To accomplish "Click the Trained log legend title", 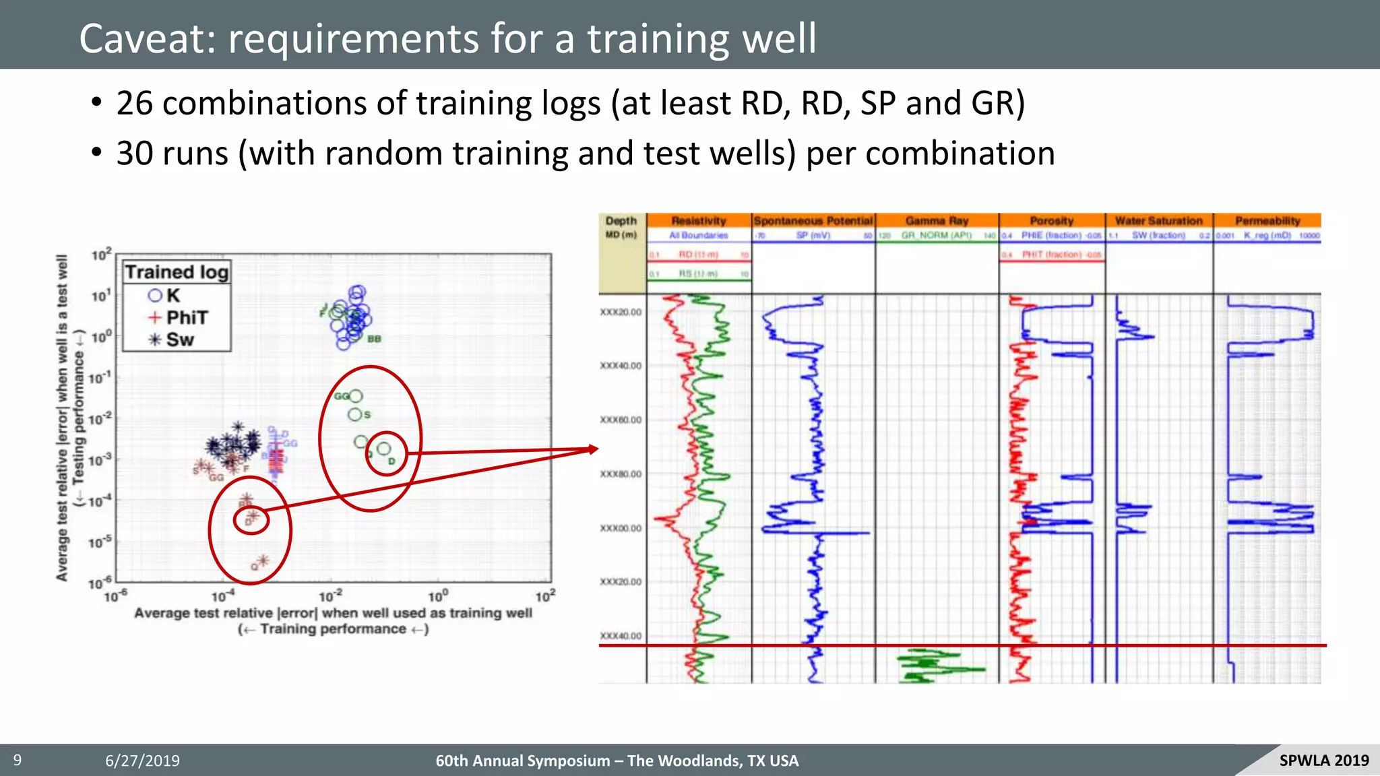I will coord(177,272).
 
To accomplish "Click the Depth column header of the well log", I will coord(621,221).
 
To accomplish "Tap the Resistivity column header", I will coord(699,221).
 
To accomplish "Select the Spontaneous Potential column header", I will coord(813,221).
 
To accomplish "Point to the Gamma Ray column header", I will coord(937,221).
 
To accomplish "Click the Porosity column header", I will coord(1051,221).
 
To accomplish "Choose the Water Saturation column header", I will coord(1158,221).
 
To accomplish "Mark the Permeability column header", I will coord(1267,221).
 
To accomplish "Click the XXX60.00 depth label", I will coord(621,420).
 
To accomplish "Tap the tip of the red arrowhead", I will coord(597,449).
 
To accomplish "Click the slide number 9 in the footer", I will coord(18,761).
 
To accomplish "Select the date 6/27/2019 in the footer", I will coord(142,761).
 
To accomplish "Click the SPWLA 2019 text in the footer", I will coord(1323,761).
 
